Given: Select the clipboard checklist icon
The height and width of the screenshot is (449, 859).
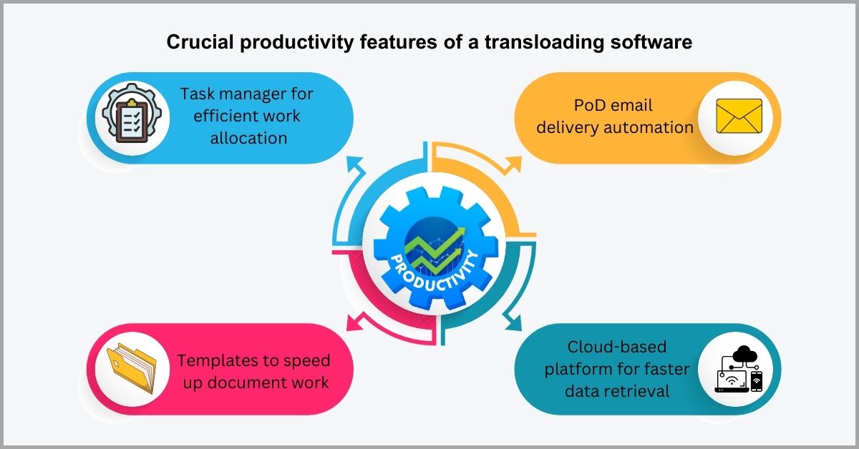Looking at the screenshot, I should pyautogui.click(x=130, y=118).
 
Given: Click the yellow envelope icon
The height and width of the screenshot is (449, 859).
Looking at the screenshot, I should pyautogui.click(x=739, y=117).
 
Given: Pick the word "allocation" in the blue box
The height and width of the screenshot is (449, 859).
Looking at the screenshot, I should pyautogui.click(x=248, y=138).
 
